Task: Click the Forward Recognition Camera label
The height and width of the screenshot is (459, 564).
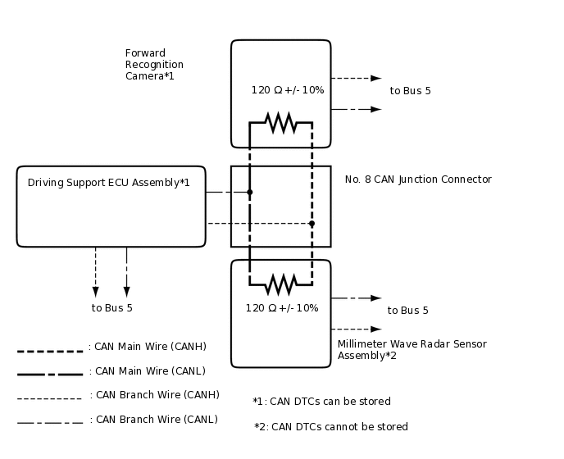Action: coord(154,65)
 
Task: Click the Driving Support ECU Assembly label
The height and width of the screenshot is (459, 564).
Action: coord(109,183)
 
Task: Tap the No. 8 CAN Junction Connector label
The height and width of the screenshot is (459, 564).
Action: coord(418,180)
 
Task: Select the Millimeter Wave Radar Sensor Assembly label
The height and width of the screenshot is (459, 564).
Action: coord(412,350)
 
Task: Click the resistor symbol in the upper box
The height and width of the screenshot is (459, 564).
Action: coord(281,122)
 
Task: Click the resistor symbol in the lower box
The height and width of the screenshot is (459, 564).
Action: coord(281,284)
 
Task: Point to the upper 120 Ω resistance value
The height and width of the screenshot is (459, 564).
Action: coord(287,90)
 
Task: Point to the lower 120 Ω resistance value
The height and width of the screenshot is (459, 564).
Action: coord(281,308)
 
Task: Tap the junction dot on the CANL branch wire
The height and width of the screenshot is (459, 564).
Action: coord(250,193)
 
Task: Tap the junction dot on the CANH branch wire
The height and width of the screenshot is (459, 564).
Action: coord(312,223)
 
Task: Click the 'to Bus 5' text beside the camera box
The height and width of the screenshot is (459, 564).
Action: coord(410,91)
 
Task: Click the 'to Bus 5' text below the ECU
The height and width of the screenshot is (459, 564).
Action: coord(111,308)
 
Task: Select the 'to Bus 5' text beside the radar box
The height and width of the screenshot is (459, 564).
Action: coord(407,311)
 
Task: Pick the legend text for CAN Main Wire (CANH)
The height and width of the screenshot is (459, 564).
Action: coord(148,347)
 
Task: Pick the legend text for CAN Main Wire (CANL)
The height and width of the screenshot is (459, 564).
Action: coord(148,371)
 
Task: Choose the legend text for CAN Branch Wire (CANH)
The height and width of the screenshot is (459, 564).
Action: coord(154,395)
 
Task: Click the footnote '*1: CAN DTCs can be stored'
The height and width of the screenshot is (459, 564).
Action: coord(321,402)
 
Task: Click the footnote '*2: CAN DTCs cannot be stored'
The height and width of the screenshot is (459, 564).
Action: coord(330,427)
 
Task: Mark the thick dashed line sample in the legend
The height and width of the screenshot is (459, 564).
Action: coord(50,352)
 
